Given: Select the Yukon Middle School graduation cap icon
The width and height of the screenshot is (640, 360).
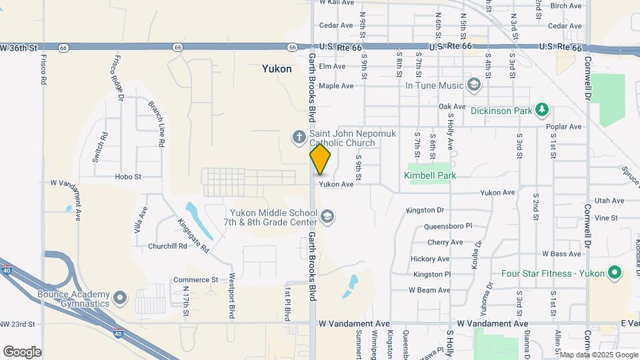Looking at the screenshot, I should point(327,216).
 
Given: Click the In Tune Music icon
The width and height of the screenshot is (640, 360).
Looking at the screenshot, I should point(473,85).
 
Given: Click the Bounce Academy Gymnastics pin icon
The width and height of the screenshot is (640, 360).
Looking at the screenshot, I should point(120,298).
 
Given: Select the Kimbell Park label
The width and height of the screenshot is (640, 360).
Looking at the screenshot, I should point(429,175).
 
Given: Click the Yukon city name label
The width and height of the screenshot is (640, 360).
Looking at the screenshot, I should point(276,68).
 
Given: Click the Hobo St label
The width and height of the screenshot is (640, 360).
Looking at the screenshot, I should point(128,177).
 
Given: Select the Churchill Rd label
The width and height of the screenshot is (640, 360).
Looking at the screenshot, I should point(168,246).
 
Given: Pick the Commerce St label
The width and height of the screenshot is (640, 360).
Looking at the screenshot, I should point(195,280).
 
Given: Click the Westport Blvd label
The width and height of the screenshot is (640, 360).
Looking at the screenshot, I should point(231,295).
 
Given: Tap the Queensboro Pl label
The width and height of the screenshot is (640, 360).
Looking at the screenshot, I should point(447,227).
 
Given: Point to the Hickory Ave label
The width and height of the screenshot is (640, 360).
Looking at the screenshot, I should point(430,259).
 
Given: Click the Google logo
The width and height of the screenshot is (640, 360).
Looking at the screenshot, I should point(21,352).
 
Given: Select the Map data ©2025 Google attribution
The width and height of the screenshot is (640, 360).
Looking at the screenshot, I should point(598,355).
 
